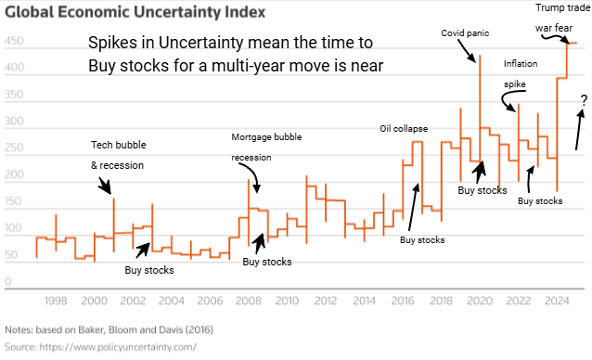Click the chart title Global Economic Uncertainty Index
[x=135, y=12]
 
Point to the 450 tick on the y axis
[x=14, y=41]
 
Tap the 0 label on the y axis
[x=8, y=281]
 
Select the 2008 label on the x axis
[x=249, y=301]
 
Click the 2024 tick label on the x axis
[x=557, y=301]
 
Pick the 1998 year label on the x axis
[x=56, y=301]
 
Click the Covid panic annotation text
[x=465, y=33]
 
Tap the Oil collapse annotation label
[x=404, y=129]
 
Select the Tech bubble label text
[x=119, y=145]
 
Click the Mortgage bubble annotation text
[x=266, y=137]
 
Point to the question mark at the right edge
[x=584, y=100]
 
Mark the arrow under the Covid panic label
[x=467, y=50]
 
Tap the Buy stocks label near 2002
[x=149, y=270]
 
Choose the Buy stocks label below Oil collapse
[x=422, y=240]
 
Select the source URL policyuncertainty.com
[x=118, y=347]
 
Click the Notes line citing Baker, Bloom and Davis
[x=109, y=329]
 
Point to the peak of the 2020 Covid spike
[x=480, y=56]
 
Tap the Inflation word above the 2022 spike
[x=521, y=64]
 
